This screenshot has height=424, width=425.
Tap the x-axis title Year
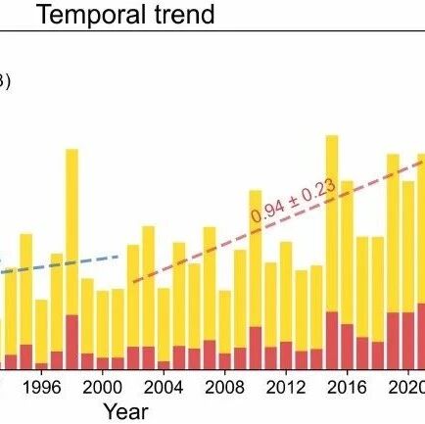click(126, 412)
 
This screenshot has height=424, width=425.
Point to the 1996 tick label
click(41, 388)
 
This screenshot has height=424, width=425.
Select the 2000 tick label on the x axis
click(102, 388)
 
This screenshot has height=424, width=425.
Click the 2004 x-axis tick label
click(164, 388)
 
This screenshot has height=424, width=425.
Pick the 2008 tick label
click(224, 388)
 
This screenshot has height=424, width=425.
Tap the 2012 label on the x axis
click(286, 388)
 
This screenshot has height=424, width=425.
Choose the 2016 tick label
click(347, 388)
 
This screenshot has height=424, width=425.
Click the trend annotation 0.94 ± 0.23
click(293, 201)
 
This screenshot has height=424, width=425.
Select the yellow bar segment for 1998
click(72, 232)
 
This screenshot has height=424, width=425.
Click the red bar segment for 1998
click(72, 342)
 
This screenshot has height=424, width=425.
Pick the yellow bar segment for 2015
click(332, 223)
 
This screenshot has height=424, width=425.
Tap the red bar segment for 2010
click(256, 348)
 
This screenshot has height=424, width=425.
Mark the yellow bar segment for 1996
click(41, 332)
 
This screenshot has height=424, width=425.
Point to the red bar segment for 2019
click(394, 341)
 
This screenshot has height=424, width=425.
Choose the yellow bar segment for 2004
click(164, 325)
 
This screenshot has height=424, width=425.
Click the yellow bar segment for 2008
click(225, 322)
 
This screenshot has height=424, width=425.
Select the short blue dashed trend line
click(59, 264)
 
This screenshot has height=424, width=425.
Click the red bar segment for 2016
click(348, 347)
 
